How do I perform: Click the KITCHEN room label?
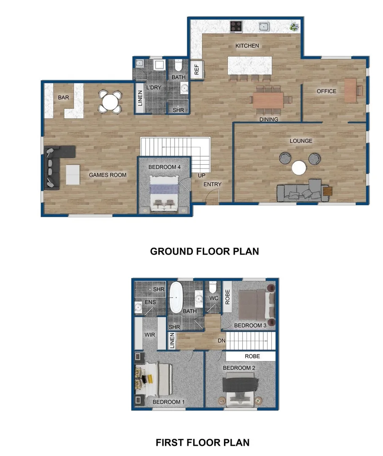pos(247,46)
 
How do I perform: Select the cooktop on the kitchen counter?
pos(236,27)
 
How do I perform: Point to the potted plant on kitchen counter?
pos(293,27)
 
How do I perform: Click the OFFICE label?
pos(326,91)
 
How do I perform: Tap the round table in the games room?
pos(109,102)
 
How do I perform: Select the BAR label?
pos(63,98)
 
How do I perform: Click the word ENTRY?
pos(212,184)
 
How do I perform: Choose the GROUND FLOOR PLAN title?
pos(205,251)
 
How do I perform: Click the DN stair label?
pos(221,340)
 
